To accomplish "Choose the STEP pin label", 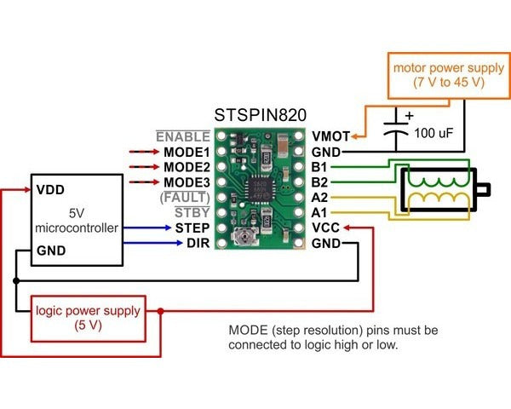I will [x=192, y=228].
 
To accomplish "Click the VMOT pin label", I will [x=330, y=135].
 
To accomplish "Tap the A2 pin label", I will [x=321, y=197].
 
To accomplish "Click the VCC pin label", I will [x=326, y=228].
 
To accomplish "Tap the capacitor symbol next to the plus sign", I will [x=395, y=128].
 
